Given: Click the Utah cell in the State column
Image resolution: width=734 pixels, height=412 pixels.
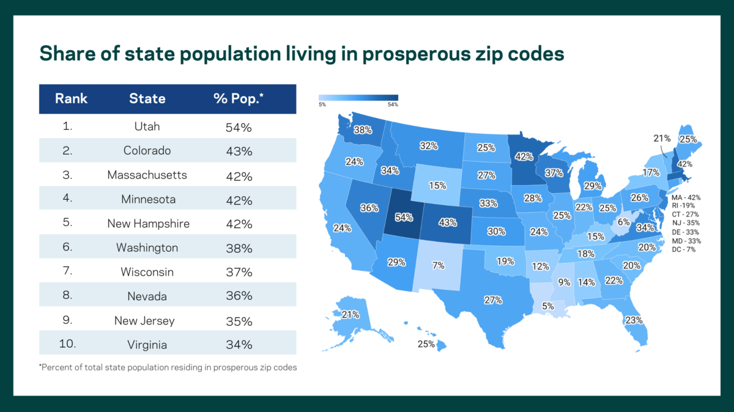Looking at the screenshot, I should click(x=147, y=127).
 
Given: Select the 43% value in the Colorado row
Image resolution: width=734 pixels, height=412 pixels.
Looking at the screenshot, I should click(x=238, y=151).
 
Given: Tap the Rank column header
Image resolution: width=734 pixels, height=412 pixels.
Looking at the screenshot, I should click(x=71, y=98).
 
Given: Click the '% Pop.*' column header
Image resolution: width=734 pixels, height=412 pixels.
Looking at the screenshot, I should click(x=238, y=98).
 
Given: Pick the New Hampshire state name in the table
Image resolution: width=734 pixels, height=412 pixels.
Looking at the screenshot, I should click(x=148, y=224).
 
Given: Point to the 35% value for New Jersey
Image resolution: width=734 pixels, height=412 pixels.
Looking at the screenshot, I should click(x=238, y=320).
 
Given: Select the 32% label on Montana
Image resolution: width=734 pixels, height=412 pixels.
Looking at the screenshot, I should click(x=428, y=145).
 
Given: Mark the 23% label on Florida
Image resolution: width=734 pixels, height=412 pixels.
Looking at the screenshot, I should click(x=634, y=320).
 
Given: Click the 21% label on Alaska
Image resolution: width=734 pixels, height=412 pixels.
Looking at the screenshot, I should click(x=350, y=315).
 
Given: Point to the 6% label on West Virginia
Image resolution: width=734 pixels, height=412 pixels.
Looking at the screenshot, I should click(x=623, y=222).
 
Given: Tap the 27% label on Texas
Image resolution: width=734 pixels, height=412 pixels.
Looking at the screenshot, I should click(x=493, y=300).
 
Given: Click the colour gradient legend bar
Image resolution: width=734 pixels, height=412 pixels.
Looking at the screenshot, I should click(x=358, y=97).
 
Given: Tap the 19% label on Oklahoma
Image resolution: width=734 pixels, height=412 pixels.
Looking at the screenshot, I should click(x=505, y=261).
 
